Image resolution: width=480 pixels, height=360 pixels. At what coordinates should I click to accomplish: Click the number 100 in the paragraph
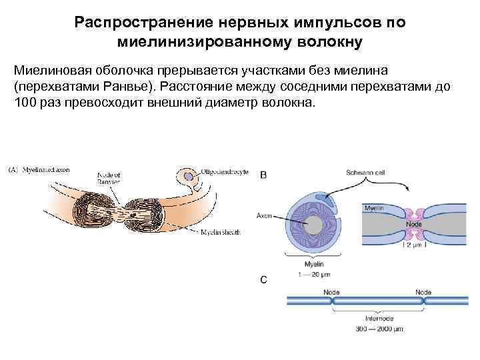pos(25,104)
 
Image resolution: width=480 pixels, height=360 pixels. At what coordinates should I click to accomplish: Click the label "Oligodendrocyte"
pos(226,172)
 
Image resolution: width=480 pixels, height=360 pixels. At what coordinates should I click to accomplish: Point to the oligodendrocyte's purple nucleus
pos(189,177)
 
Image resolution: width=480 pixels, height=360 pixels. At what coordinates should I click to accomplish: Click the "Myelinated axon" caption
pos(47,171)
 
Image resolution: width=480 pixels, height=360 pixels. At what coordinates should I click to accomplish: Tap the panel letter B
pos(263,175)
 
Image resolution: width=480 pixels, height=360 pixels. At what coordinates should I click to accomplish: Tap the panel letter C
pos(263,280)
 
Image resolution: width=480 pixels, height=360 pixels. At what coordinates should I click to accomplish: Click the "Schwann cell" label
pos(366,173)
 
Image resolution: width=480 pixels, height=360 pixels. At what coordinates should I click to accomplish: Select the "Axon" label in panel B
pos(265,215)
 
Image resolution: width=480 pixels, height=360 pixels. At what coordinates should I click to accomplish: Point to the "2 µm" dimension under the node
pos(415,245)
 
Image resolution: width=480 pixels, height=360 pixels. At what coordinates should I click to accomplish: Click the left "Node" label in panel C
pos(331,292)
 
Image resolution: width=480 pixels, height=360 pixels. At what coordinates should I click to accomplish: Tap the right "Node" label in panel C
pos(423,292)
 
